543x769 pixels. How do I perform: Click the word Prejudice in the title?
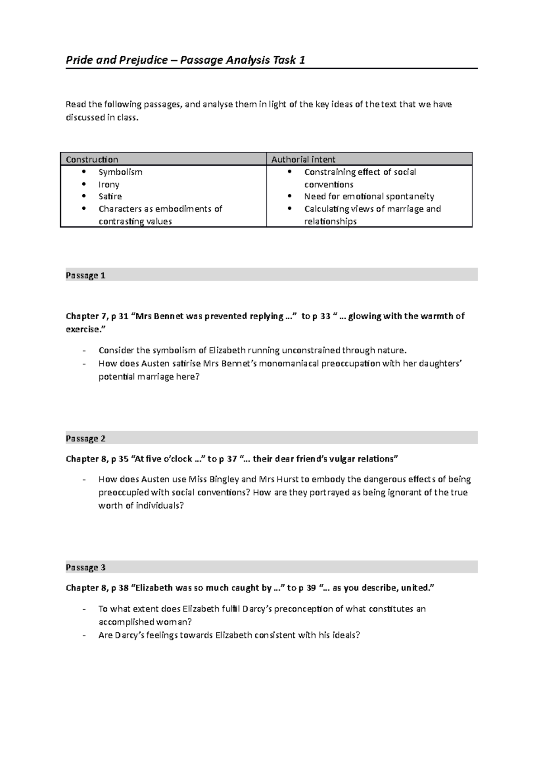pos(143,60)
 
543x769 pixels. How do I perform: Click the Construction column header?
pos(92,159)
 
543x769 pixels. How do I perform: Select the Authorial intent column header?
pos(303,159)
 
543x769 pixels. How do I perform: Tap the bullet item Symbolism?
pos(120,172)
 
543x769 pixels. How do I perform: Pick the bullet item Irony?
pos(109,184)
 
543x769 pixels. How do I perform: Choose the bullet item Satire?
pos(110,197)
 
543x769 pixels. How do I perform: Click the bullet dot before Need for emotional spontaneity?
pos(289,197)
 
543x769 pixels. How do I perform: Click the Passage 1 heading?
pos(86,275)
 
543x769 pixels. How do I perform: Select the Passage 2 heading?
pos(86,438)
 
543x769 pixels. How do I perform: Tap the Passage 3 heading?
pos(86,567)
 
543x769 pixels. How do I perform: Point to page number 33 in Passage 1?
pos(325,316)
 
